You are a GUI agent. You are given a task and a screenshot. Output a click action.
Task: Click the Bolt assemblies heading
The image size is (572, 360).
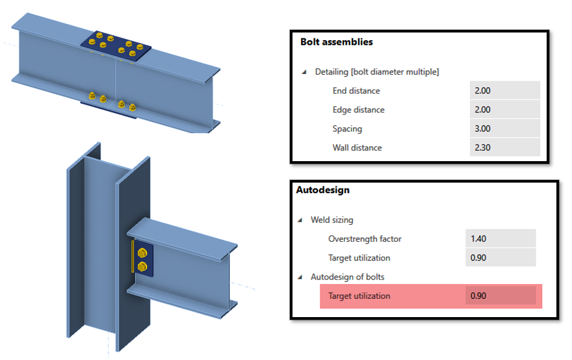[x=336, y=42]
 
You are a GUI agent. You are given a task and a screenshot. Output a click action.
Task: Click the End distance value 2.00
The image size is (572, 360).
[x=504, y=91]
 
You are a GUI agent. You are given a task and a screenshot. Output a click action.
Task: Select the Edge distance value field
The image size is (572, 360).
[x=504, y=110]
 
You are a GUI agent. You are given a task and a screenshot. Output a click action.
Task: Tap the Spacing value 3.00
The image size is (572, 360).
[x=504, y=129]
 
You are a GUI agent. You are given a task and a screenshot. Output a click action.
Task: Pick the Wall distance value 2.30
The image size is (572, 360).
[x=504, y=148]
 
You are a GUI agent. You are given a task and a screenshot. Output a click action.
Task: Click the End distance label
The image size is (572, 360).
[x=356, y=91]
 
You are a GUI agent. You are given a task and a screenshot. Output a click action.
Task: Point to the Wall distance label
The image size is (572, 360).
[x=357, y=148]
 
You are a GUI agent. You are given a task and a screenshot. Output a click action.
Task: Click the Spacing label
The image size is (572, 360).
[x=347, y=129]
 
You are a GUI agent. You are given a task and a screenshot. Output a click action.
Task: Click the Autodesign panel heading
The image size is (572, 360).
[x=322, y=190]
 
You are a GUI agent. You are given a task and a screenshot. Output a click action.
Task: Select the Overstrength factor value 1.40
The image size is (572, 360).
[x=500, y=238]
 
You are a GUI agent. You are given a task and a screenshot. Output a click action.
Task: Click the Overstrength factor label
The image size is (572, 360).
[x=365, y=238]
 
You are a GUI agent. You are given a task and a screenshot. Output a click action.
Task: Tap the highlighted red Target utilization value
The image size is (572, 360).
[x=500, y=296]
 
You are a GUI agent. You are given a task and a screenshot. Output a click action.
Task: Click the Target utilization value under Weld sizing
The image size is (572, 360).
[x=500, y=257]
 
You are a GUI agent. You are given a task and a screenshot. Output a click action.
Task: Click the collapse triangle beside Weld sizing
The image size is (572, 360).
[x=300, y=220]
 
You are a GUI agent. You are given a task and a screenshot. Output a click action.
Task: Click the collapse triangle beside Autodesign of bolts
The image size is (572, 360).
[x=300, y=277]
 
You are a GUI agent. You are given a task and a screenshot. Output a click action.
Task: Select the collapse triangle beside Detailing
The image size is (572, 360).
[x=305, y=72]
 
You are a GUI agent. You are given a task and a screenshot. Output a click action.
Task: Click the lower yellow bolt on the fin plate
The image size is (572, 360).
[x=143, y=266]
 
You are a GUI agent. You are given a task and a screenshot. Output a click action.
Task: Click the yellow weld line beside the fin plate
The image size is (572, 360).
[x=133, y=257]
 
